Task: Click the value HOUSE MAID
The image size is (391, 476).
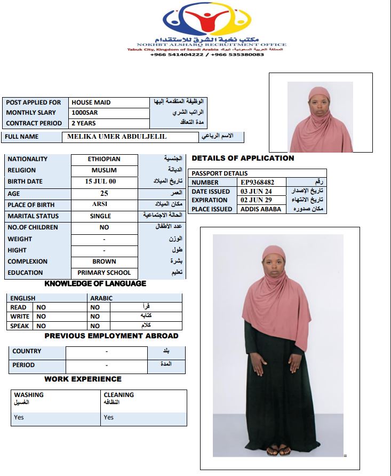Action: coord(91,102)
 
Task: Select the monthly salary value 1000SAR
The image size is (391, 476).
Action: coord(85,113)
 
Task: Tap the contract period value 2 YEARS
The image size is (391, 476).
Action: coord(84,123)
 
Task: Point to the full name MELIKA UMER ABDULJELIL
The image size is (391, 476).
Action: coord(117,137)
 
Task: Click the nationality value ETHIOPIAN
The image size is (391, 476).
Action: coord(104,159)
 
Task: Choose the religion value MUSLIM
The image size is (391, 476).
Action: coord(104,170)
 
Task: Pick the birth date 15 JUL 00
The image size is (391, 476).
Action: coord(101,181)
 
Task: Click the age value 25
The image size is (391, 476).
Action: coord(104,193)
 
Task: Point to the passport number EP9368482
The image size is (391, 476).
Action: coord(258,183)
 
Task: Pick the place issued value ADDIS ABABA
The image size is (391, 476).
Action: coord(261,209)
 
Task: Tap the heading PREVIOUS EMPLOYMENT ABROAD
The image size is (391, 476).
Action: coord(111,336)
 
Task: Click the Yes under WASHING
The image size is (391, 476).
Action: coord(19,417)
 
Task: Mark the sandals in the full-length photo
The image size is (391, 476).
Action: coord(278,451)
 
